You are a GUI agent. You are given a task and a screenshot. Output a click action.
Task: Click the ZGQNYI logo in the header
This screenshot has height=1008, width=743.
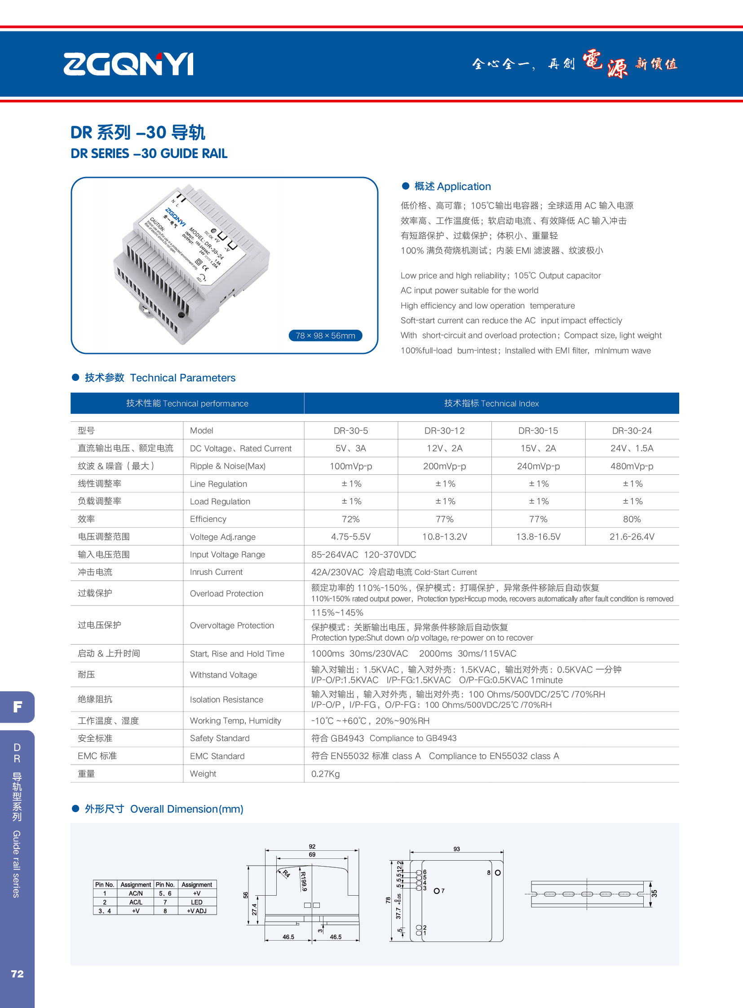(x=128, y=64)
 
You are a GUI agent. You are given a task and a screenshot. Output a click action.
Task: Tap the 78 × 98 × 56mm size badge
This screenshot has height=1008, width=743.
(x=325, y=336)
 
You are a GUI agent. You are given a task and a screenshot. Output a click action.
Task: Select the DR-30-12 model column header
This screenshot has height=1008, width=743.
(x=444, y=430)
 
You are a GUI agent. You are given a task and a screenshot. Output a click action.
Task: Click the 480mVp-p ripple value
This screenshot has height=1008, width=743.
(x=632, y=466)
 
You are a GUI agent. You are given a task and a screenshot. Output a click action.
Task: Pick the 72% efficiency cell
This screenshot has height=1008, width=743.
(x=350, y=519)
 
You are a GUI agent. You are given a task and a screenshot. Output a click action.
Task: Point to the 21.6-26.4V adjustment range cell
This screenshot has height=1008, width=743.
(x=632, y=537)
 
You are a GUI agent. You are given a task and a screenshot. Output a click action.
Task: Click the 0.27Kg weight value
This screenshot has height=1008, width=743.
(x=325, y=774)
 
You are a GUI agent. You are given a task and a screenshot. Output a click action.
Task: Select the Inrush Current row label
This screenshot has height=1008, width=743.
(x=216, y=572)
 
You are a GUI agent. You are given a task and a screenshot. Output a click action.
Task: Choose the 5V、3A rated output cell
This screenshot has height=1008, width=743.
(x=350, y=448)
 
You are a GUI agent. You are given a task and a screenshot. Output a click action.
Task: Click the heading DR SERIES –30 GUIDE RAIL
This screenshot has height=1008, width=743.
(x=149, y=154)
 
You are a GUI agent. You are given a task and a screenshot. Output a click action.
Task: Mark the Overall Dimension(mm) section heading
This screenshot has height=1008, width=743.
(x=186, y=809)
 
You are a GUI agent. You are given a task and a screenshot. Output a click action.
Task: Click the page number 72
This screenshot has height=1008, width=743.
(x=17, y=974)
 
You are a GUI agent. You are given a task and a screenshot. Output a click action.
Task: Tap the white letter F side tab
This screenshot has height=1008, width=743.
(x=17, y=707)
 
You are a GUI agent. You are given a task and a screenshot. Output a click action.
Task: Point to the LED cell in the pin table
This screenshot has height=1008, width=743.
(x=197, y=902)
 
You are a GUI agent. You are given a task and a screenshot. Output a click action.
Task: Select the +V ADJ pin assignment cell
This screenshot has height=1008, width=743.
(x=197, y=911)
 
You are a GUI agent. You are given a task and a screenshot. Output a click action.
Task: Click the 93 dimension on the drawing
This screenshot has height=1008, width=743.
(x=456, y=849)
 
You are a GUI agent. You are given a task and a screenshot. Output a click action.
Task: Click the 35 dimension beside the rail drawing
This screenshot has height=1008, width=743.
(x=655, y=893)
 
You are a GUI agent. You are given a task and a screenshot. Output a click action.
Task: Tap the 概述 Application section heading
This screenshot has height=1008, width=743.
(x=452, y=186)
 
